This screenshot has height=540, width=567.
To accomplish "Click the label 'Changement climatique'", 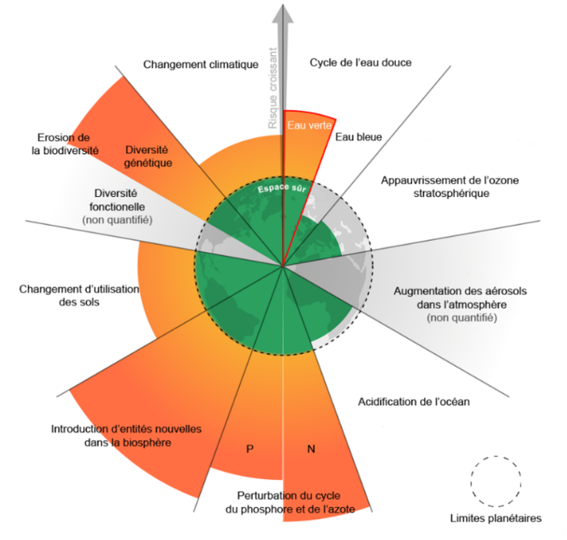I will [x=201, y=64].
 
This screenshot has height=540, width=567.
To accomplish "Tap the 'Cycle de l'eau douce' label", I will [x=360, y=62].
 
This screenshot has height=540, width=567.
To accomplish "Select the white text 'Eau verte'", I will [x=309, y=125].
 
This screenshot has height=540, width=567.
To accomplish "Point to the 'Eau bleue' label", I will [x=358, y=137].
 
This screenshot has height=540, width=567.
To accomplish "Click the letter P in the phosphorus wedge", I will [x=250, y=449].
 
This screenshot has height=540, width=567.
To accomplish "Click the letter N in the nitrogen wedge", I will [x=311, y=449].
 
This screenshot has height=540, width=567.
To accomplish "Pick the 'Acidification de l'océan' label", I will [x=414, y=402].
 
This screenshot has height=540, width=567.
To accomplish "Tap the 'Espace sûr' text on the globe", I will [x=282, y=188].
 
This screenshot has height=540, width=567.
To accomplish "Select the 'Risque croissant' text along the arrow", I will [x=273, y=88].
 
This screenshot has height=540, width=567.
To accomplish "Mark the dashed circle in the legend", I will [x=496, y=481].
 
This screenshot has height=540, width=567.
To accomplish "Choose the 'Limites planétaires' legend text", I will [x=496, y=518].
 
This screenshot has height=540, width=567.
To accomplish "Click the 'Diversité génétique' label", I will [x=147, y=156].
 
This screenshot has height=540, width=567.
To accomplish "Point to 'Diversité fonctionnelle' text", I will [x=117, y=200].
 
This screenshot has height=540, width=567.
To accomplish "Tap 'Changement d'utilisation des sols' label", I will [x=79, y=295].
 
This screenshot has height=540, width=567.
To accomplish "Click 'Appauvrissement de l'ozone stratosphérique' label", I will [x=450, y=187].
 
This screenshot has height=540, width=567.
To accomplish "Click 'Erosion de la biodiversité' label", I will [x=64, y=144].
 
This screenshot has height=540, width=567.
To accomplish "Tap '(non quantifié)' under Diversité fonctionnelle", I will [x=117, y=220].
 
